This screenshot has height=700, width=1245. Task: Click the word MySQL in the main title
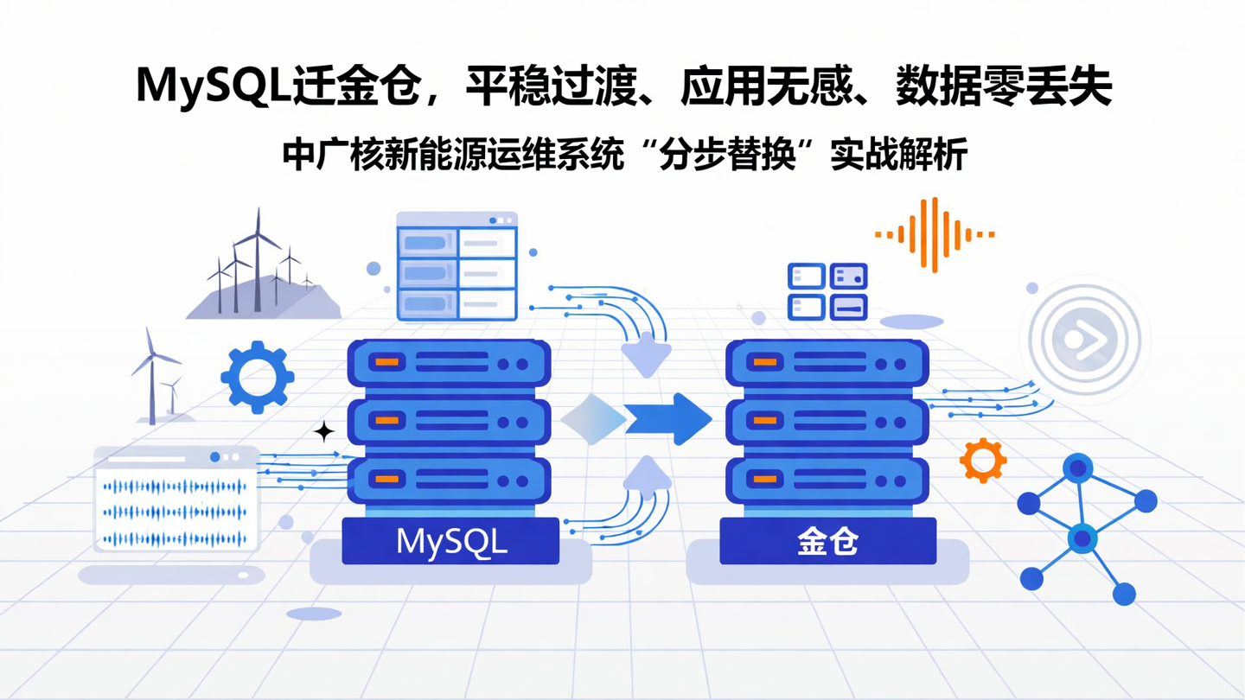coord(213,86)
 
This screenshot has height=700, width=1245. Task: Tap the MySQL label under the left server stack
coord(450,542)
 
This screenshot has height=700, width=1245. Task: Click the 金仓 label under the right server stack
coord(827,542)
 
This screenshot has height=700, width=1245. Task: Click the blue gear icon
coord(258,376)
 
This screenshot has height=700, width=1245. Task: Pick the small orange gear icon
coord(983,460)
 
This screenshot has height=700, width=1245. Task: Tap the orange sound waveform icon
coord(935,234)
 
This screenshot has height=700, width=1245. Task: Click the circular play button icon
coord(1085,339)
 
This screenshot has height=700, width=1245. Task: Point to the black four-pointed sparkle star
coord(324,431)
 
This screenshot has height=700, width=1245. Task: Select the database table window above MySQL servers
coord(456,266)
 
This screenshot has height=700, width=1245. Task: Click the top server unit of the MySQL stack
coord(449,363)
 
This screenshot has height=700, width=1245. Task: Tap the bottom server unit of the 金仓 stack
coord(827,480)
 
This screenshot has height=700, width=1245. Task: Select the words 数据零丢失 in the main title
coord(1003,86)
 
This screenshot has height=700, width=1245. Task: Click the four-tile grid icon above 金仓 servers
coord(827,292)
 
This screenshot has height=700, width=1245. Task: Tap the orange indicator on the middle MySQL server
coord(387,420)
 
